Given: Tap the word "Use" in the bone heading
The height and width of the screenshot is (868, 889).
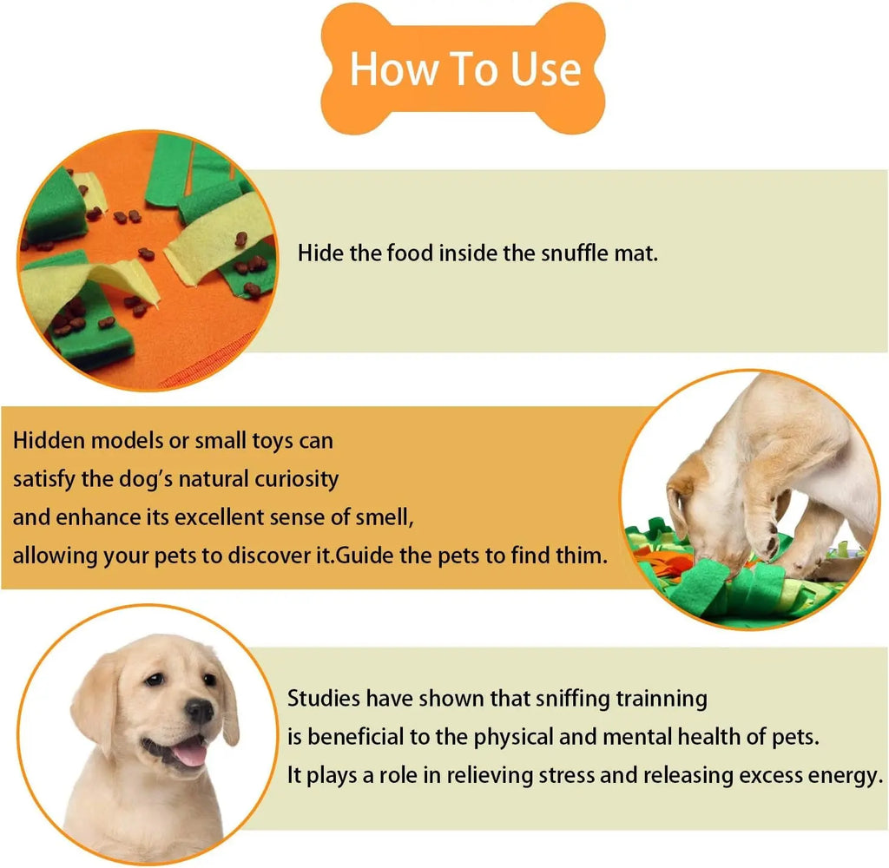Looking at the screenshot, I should pos(544,69).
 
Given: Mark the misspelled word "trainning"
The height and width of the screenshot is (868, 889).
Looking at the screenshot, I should pos(661,698).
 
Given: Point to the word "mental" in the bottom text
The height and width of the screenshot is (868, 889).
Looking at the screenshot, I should pos(627,737).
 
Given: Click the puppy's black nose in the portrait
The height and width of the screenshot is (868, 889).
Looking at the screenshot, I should pos(199,712).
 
